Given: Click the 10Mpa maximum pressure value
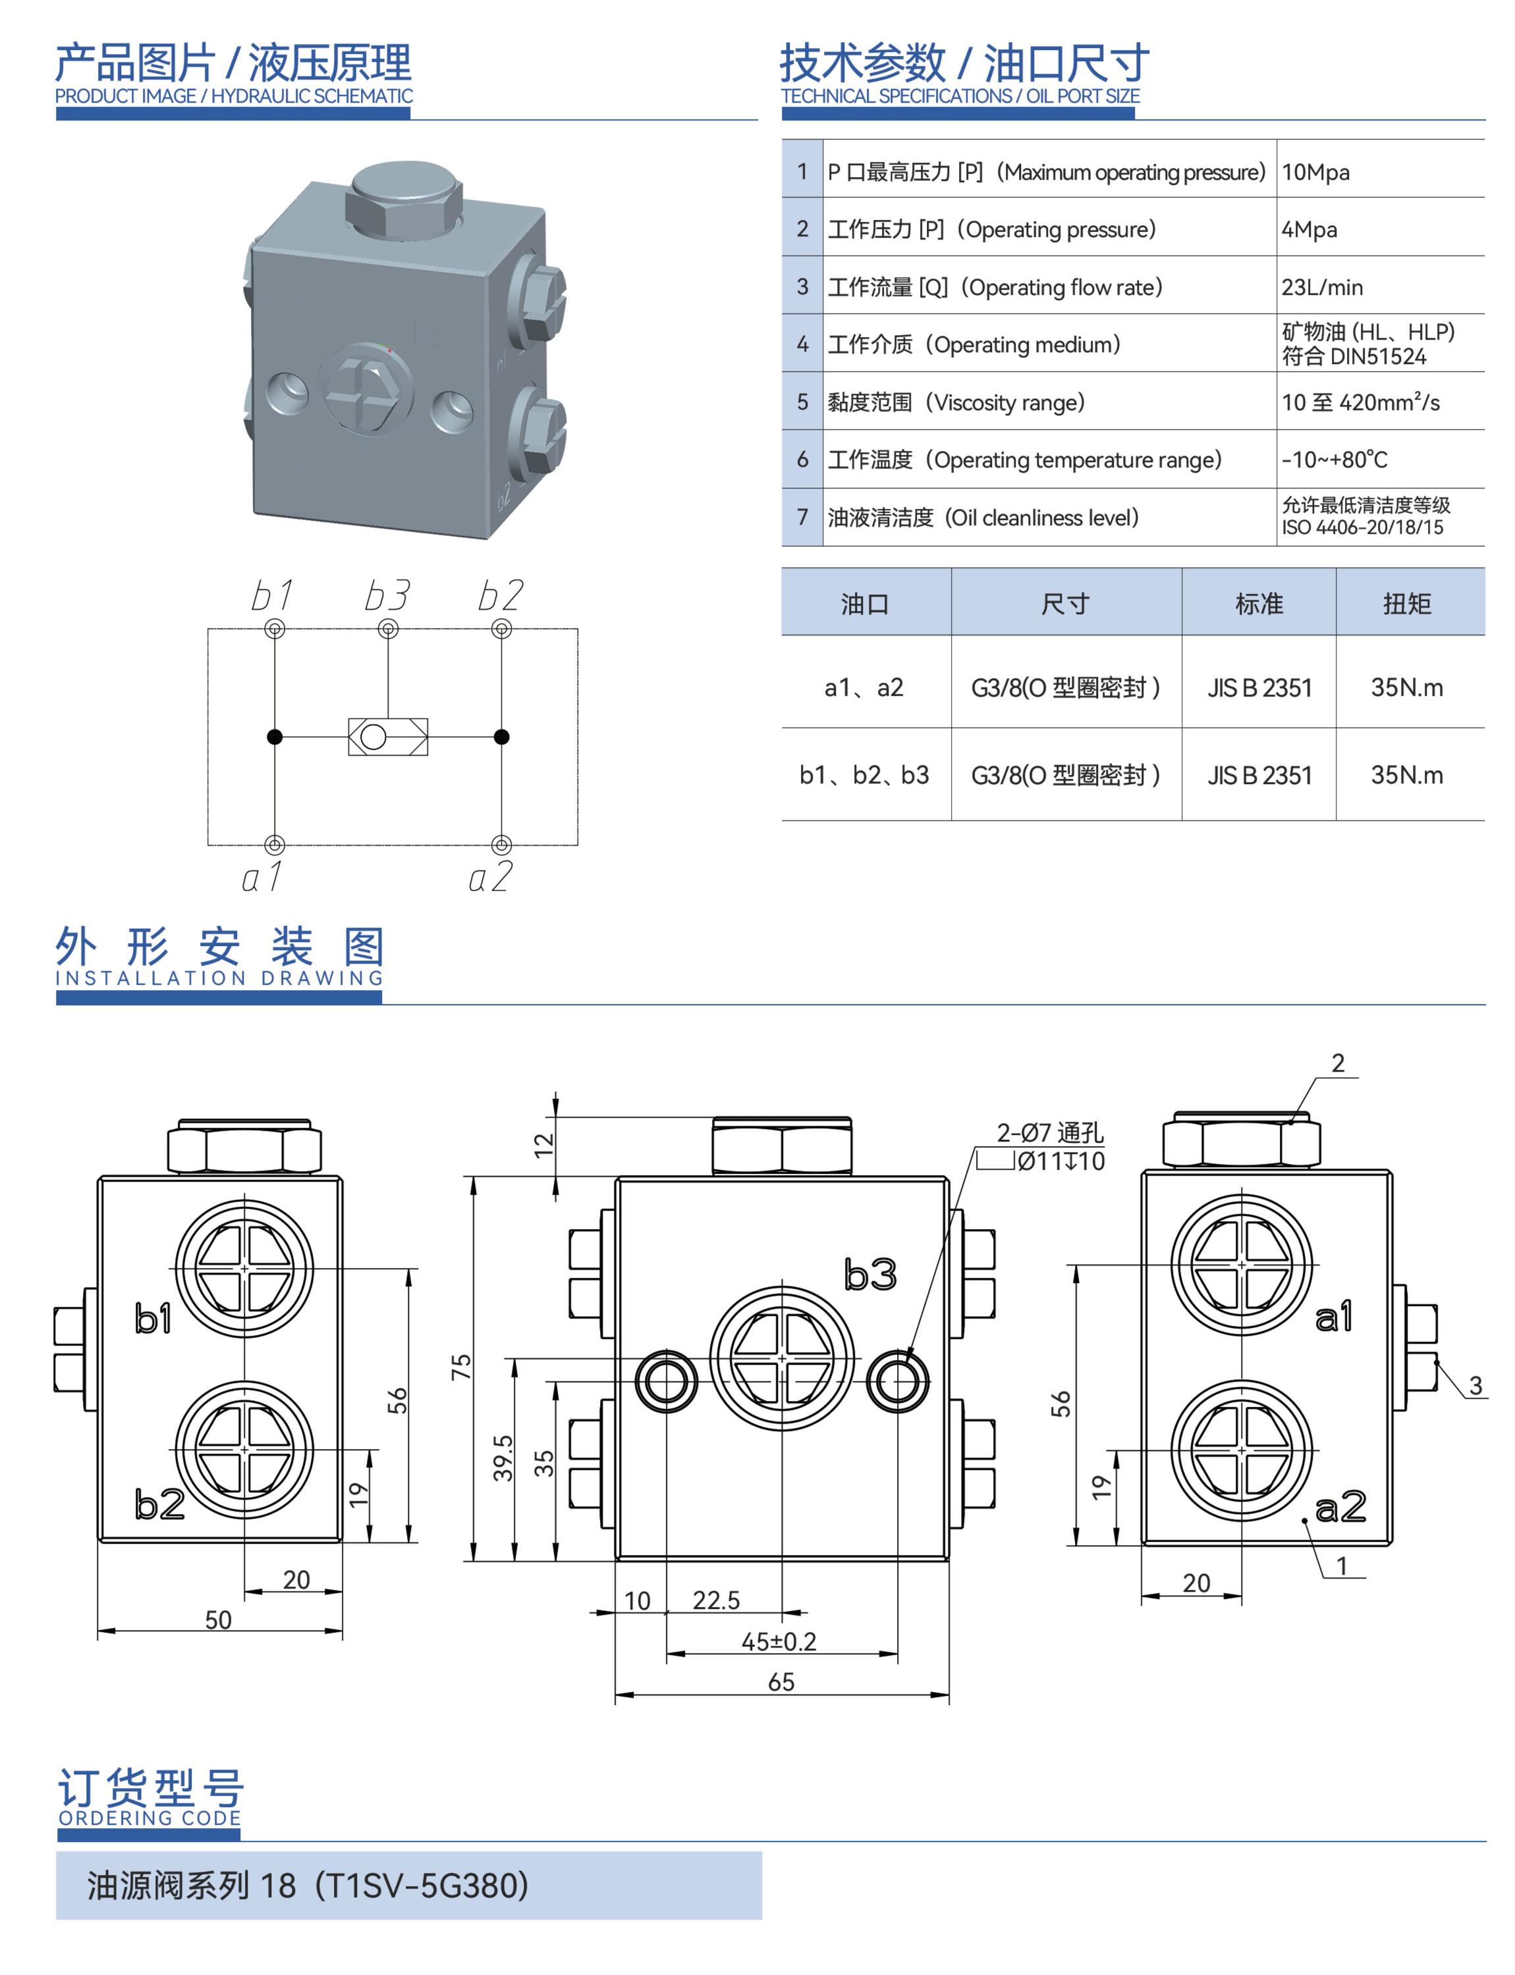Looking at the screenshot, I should [x=1315, y=172].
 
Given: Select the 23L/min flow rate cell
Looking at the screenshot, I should [x=1322, y=288].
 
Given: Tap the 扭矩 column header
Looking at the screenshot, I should [x=1407, y=604].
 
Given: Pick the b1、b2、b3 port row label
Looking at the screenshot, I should [x=864, y=776].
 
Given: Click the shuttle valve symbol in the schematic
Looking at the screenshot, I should [x=388, y=737].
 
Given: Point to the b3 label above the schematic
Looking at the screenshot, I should [x=387, y=596].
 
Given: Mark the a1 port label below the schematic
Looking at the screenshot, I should [x=262, y=876].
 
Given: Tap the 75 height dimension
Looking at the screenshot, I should [x=461, y=1367].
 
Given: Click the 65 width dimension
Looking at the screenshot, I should [x=781, y=1682].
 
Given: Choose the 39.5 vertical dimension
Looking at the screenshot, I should [x=503, y=1458].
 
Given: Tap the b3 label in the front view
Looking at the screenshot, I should [x=870, y=1275].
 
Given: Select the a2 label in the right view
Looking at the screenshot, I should [x=1340, y=1506].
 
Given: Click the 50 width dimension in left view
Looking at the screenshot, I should [x=218, y=1620].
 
